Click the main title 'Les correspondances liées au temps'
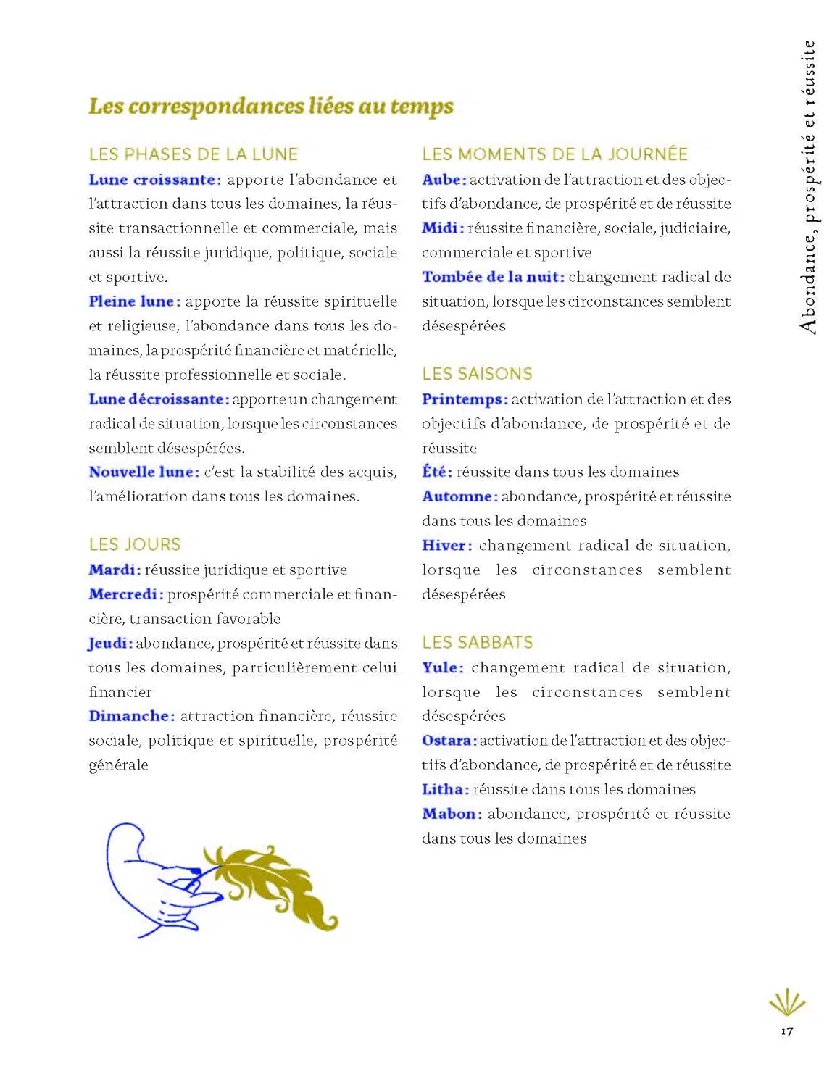270,107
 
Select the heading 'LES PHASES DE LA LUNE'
193,154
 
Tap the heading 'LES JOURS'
134,544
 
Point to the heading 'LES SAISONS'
477,374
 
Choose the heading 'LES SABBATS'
477,642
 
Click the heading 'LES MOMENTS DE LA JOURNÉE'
554,154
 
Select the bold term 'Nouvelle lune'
142,472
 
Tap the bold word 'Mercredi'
123,594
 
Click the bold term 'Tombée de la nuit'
491,277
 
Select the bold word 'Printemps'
462,399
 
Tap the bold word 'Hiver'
444,546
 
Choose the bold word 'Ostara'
447,741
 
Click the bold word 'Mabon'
449,814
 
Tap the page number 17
786,1031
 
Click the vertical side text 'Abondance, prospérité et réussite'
809,187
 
